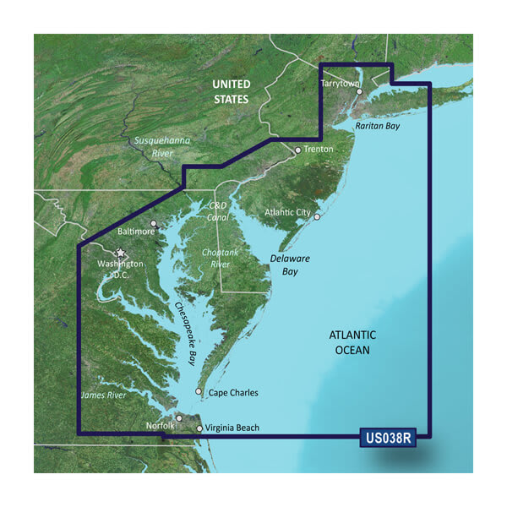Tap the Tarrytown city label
[x=341, y=84]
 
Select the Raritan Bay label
[x=377, y=126]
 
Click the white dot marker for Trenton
[x=297, y=150]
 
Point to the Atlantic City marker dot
[x=317, y=217]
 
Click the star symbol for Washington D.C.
[x=120, y=252]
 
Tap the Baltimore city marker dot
[x=153, y=224]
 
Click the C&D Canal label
[x=218, y=212]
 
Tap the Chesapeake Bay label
[x=185, y=333]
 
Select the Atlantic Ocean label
[x=352, y=342]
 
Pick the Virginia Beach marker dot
[x=199, y=428]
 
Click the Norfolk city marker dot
[x=179, y=417]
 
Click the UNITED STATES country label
[x=231, y=91]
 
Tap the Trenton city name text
[x=319, y=149]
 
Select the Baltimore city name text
[x=136, y=231]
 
